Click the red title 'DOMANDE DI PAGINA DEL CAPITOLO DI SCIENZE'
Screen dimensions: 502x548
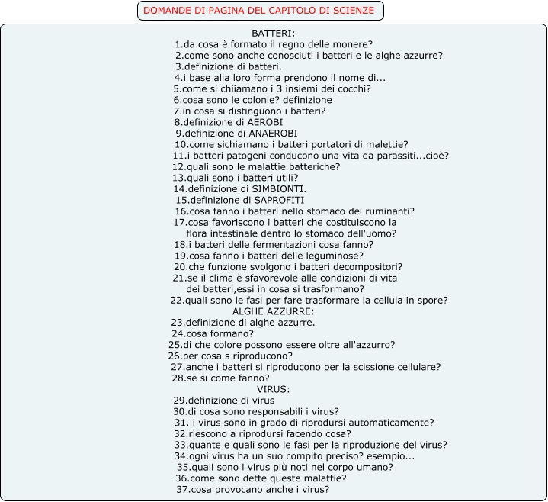click(259, 11)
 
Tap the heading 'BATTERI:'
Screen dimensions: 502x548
click(273, 34)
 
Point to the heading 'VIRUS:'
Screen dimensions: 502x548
click(273, 389)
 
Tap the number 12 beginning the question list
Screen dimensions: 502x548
click(178, 166)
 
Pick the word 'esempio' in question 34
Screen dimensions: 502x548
click(392, 456)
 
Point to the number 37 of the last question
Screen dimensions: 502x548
click(182, 489)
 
